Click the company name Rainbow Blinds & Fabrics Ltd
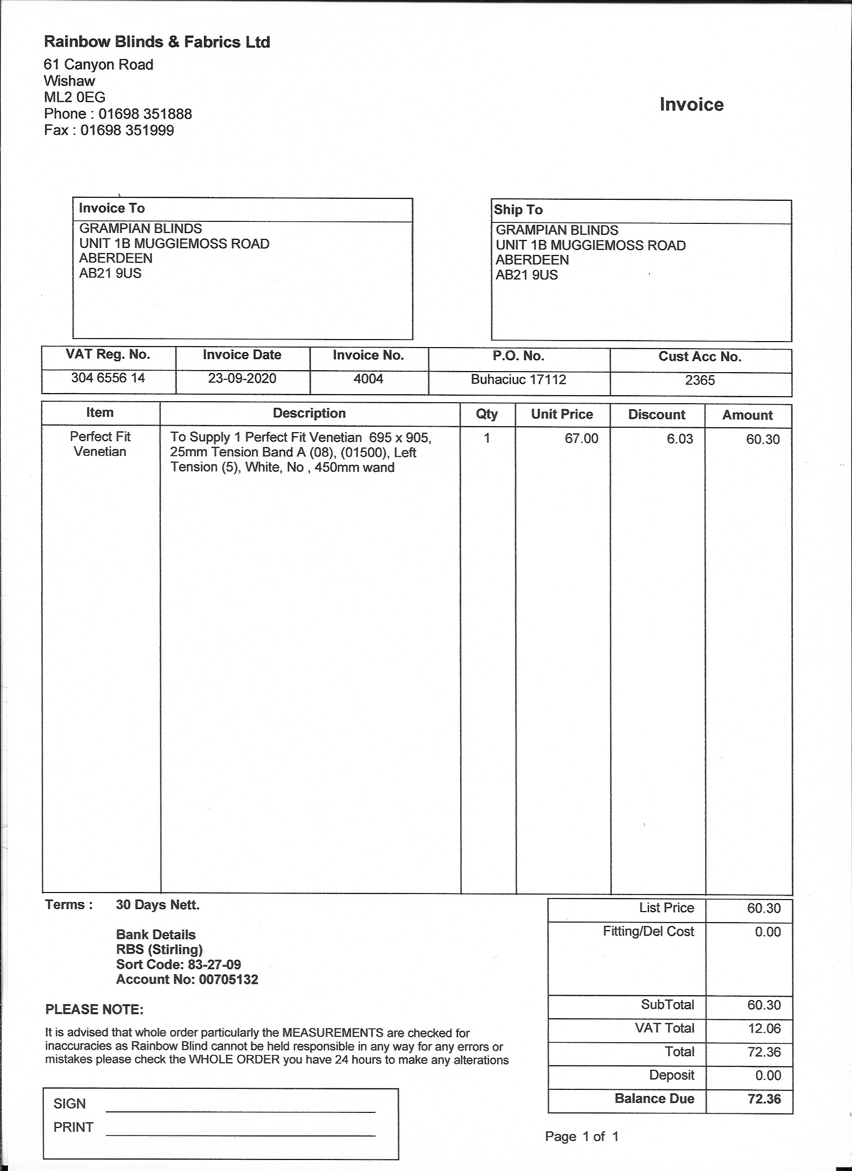(x=157, y=42)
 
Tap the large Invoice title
(x=691, y=105)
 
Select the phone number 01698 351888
(x=145, y=114)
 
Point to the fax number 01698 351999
(x=127, y=130)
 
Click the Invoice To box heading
(x=112, y=208)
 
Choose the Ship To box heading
(x=518, y=210)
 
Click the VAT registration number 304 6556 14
(x=108, y=378)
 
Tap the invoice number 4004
(x=368, y=379)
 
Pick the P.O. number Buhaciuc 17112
(x=518, y=380)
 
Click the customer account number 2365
(x=700, y=381)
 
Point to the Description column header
(x=309, y=413)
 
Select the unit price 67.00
(x=581, y=439)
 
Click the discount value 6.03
(x=680, y=439)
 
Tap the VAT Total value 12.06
(x=764, y=1028)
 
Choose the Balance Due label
(x=654, y=1098)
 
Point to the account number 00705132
(x=229, y=980)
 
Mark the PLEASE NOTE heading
(x=94, y=1009)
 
